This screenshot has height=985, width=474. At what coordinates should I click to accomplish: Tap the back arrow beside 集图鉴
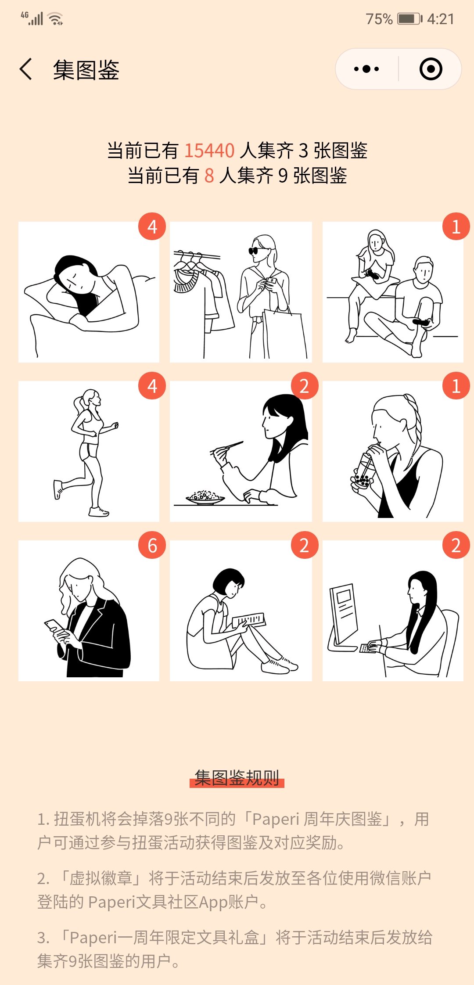26,69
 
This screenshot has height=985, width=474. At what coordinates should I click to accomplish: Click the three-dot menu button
366,69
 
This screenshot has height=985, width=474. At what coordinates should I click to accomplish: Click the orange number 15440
209,151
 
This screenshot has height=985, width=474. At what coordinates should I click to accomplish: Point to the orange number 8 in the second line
209,176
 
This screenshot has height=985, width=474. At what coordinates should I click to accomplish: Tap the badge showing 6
152,545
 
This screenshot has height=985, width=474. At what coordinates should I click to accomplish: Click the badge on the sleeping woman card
152,226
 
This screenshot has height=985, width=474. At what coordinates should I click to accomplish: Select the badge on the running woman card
152,386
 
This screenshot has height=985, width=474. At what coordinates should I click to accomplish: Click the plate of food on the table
205,497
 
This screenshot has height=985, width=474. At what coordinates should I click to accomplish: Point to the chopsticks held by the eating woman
227,447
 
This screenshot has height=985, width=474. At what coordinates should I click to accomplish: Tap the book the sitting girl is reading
249,619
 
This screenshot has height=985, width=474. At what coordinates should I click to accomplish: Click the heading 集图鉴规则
237,778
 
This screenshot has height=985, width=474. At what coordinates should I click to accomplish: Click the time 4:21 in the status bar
441,19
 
